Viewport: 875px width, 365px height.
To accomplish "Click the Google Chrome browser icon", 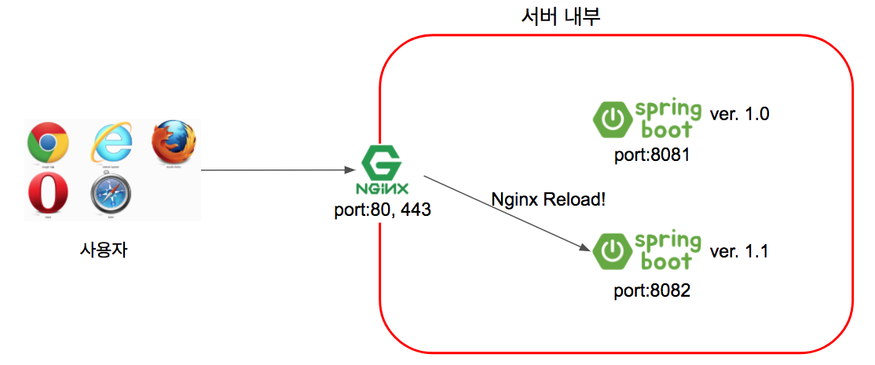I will tap(47, 144).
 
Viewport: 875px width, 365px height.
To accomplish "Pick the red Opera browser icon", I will tap(47, 194).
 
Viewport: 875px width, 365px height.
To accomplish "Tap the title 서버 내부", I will tap(561, 16).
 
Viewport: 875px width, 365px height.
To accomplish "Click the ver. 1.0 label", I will tap(739, 114).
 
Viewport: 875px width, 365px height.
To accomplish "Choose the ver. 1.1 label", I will tap(739, 252).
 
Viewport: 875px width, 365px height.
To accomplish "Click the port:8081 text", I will tap(652, 154).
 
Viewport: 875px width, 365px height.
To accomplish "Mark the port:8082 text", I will tap(652, 291).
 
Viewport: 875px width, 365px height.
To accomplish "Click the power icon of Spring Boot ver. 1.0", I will tap(612, 118).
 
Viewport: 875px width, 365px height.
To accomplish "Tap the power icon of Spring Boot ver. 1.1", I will tap(612, 252).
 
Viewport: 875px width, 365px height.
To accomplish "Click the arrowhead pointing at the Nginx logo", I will tap(353, 170).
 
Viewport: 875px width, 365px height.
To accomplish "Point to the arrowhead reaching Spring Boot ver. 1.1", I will tap(584, 247).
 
